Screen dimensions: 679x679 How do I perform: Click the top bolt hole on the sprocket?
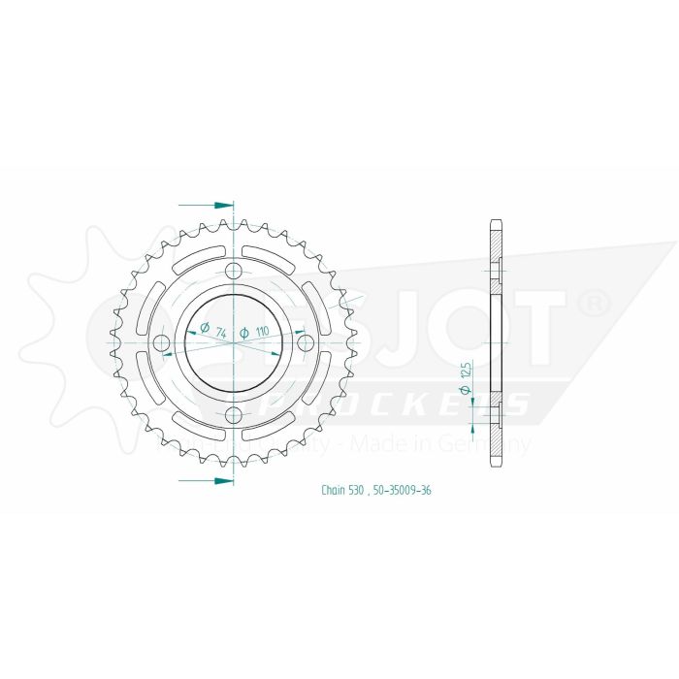pos(233,271)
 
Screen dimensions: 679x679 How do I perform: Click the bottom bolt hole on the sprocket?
pos(233,416)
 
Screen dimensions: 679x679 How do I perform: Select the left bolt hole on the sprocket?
pos(161,343)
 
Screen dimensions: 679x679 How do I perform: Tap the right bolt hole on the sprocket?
pos(306,343)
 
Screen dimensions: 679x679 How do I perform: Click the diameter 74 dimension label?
pos(212,330)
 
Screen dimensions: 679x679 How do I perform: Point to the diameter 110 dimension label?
pos(254,332)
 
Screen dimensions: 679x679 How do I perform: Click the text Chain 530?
pos(342,491)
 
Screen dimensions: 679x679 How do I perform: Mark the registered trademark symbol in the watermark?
pos(593,304)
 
